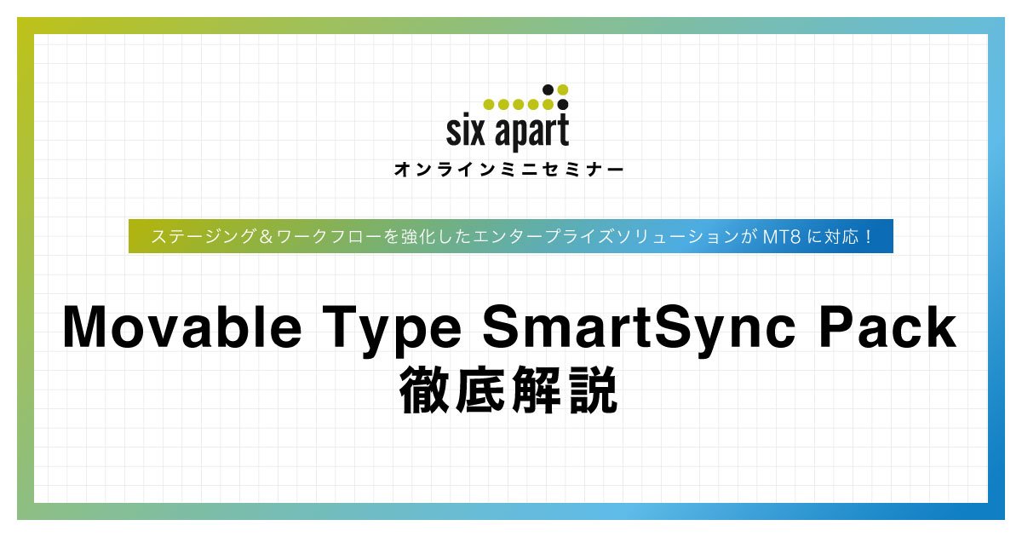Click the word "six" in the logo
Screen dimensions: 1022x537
(x=465, y=131)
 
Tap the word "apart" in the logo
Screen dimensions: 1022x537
(x=532, y=132)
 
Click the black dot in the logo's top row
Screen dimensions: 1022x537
(x=548, y=89)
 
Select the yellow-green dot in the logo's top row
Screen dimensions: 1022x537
(x=563, y=89)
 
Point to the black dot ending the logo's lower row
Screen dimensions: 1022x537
(x=563, y=105)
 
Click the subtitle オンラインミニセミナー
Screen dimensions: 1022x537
(x=509, y=170)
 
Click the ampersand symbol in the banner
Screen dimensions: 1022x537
(x=266, y=237)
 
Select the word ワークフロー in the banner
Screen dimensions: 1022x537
(x=329, y=237)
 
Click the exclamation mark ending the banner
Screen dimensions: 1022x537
(x=868, y=237)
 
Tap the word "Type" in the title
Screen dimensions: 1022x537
(x=392, y=331)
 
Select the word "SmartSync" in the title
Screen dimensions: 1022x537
(x=640, y=331)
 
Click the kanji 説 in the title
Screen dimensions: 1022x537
(x=593, y=390)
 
